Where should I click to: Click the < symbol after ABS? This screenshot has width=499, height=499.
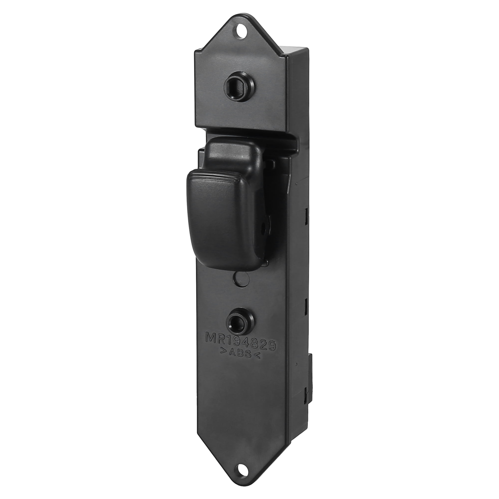[x=258, y=356]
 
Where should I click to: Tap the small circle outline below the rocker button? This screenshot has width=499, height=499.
[x=241, y=279]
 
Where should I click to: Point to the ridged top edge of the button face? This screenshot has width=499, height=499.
[x=214, y=176]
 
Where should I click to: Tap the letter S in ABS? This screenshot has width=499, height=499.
[x=248, y=354]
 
